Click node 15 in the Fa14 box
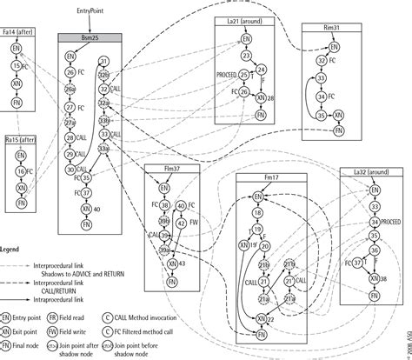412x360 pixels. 18,66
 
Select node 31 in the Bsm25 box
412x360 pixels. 103,61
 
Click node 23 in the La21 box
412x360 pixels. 247,57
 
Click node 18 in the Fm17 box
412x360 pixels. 256,215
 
